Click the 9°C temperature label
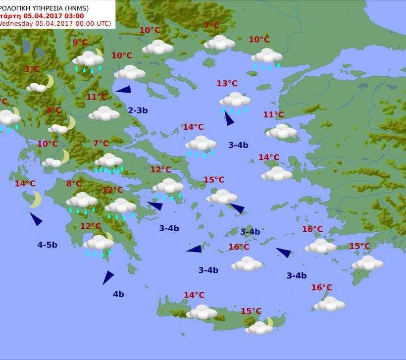[x=80, y=43]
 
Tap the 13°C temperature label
[x=227, y=83]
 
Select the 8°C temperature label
[x=74, y=184]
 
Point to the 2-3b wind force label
[x=138, y=110]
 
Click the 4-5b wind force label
[x=48, y=245]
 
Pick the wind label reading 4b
[x=118, y=294]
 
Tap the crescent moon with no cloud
[x=36, y=200]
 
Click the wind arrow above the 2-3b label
[x=123, y=90]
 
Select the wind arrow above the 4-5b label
[x=36, y=219]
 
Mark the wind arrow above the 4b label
[x=107, y=277]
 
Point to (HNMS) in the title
[x=99, y=6]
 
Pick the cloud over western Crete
[x=202, y=312]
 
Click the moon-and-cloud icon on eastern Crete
[x=260, y=326]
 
